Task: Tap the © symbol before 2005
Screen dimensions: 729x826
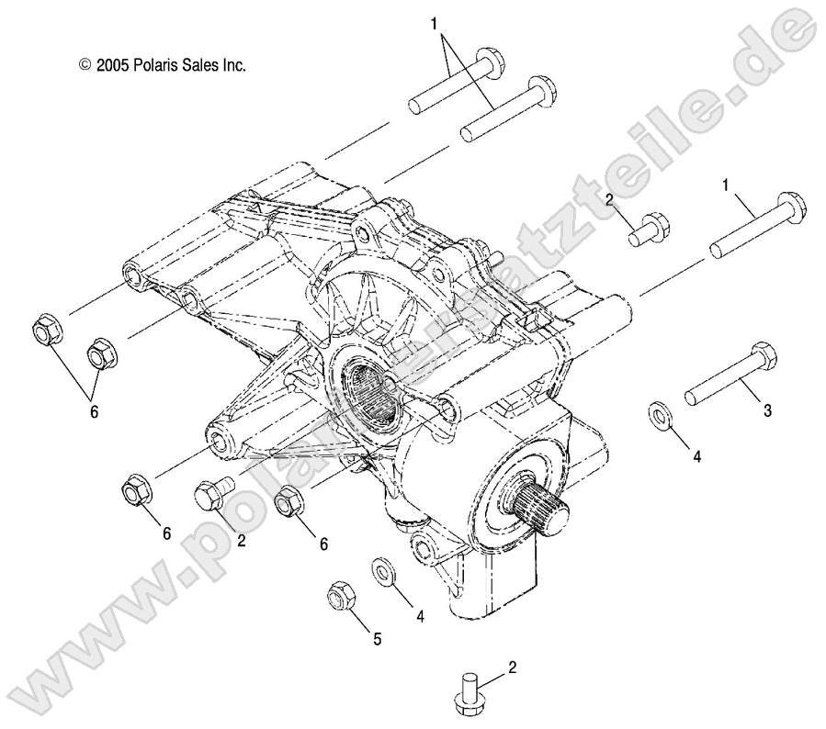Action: pyautogui.click(x=86, y=65)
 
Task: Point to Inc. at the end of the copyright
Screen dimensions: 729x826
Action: pyautogui.click(x=237, y=65)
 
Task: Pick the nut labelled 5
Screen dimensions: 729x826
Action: pyautogui.click(x=338, y=597)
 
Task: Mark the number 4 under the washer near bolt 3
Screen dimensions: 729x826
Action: pyautogui.click(x=696, y=456)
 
